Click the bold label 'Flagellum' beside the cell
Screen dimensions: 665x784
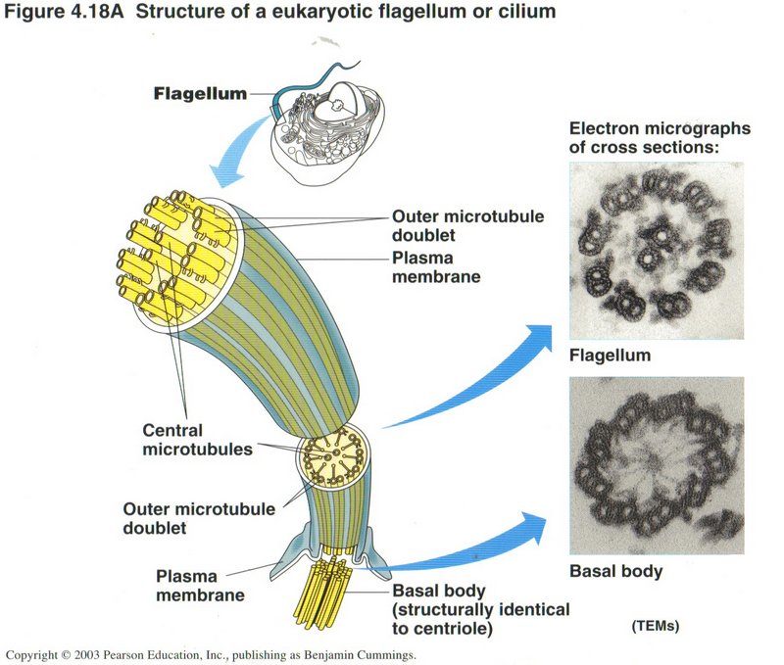200,95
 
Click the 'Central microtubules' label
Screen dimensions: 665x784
186,440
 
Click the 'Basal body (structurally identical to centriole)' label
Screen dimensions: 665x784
479,609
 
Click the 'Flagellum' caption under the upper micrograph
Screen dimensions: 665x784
610,355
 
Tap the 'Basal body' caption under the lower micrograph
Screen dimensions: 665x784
615,571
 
